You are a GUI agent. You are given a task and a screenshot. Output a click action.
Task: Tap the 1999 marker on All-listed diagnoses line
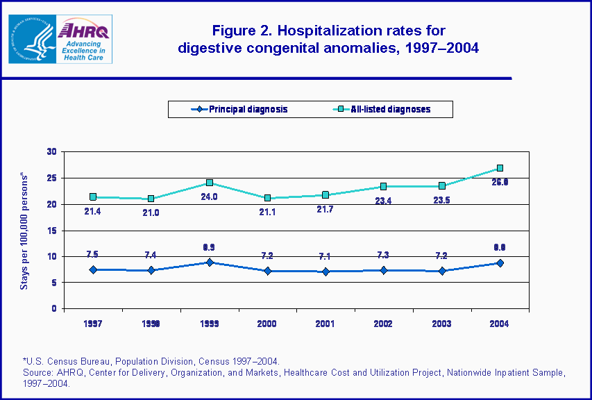click(x=209, y=183)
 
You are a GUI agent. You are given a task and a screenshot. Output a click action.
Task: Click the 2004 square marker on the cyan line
click(x=500, y=169)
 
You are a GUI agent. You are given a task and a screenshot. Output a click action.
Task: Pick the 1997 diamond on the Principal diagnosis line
click(x=92, y=269)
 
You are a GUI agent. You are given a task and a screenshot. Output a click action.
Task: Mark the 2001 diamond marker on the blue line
click(x=325, y=272)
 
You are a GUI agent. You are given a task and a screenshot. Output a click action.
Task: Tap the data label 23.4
click(x=383, y=201)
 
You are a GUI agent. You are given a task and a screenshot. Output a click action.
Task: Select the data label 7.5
click(x=92, y=254)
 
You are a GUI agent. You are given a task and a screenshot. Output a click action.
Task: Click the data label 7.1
click(x=325, y=256)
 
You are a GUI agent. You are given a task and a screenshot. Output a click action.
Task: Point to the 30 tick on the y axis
click(x=51, y=152)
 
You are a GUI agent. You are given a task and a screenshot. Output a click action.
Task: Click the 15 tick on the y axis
click(x=51, y=231)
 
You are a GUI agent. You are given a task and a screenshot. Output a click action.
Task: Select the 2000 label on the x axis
click(x=267, y=324)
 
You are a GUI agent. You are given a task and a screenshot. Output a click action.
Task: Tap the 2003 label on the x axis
click(x=441, y=324)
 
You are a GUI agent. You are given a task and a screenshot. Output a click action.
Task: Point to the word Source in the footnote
click(x=37, y=373)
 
